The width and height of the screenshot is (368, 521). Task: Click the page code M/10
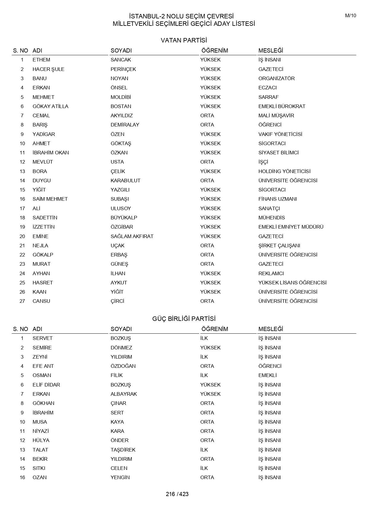(x=350, y=16)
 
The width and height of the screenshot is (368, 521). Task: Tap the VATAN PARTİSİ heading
(x=184, y=40)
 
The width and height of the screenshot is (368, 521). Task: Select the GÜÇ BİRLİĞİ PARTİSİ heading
(x=184, y=319)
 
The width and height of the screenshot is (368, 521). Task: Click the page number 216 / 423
(x=177, y=494)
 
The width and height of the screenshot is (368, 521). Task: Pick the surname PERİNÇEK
(x=123, y=69)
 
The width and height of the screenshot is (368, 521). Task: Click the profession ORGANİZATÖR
(x=276, y=78)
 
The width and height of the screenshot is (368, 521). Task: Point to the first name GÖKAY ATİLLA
(x=50, y=106)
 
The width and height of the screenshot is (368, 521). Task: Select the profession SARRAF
(x=268, y=97)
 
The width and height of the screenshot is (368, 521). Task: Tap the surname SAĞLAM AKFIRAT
(x=132, y=236)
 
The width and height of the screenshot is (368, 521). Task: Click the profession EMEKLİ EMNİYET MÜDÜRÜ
(x=291, y=227)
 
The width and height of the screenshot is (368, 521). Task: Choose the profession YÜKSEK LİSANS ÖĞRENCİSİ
(x=292, y=283)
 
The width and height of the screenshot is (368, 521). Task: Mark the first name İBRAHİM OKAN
(x=51, y=153)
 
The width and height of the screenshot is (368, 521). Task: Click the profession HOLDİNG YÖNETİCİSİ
(x=284, y=171)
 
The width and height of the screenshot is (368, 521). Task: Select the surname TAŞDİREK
(x=123, y=450)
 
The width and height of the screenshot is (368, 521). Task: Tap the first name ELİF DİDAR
(x=46, y=385)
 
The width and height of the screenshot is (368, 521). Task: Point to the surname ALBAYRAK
(x=124, y=394)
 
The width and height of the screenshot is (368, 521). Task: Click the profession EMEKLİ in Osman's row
(x=267, y=375)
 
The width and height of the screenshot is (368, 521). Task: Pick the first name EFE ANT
(x=43, y=366)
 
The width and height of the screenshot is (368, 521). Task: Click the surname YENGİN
(x=120, y=477)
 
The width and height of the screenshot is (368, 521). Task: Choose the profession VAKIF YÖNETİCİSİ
(x=280, y=134)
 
